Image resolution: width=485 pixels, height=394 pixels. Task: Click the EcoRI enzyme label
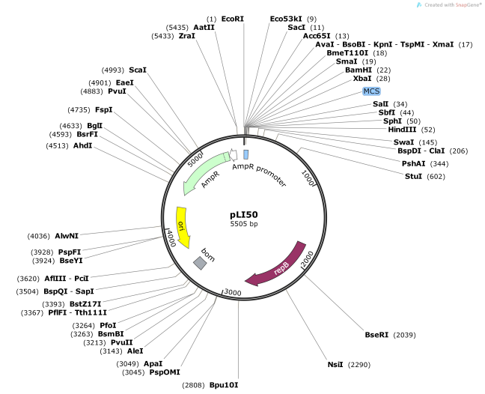233,18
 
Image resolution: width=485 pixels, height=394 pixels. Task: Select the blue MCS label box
371,91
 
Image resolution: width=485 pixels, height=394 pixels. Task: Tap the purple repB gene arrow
278,265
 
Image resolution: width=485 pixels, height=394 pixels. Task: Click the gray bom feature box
200,262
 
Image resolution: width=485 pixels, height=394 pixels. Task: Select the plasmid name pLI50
243,213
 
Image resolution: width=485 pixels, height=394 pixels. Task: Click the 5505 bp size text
243,224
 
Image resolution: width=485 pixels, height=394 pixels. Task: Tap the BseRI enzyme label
377,334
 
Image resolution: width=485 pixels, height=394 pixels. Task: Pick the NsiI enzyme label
335,365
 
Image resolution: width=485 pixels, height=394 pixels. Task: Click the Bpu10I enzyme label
224,384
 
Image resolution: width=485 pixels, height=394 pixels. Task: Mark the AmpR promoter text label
259,175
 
